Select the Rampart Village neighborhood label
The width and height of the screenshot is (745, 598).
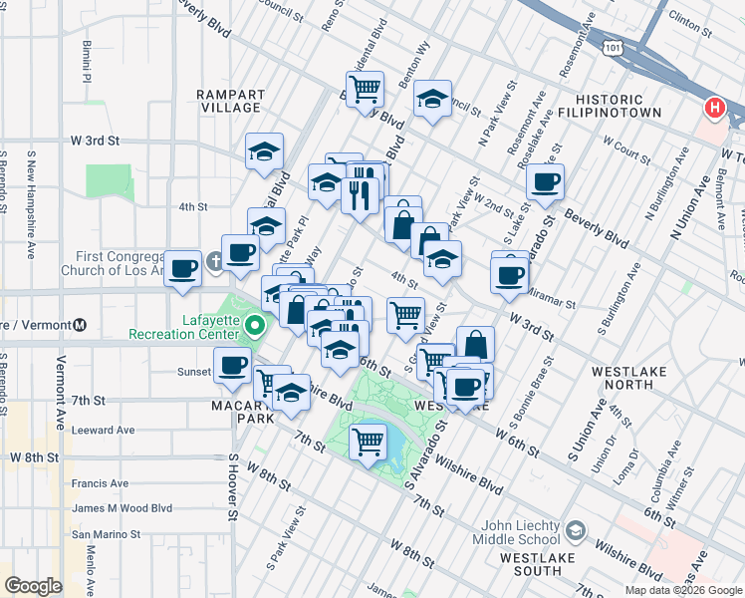(x=230, y=101)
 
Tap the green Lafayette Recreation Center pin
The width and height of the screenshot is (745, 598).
(x=256, y=326)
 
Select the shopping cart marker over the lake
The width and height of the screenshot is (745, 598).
(x=369, y=439)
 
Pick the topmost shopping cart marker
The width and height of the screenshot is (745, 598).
(x=366, y=88)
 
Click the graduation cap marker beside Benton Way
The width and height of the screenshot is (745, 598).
(x=432, y=98)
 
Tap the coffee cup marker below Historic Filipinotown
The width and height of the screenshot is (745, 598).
(x=545, y=182)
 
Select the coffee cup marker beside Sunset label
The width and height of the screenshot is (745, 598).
(x=233, y=366)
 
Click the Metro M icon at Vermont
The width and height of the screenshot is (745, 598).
(x=80, y=325)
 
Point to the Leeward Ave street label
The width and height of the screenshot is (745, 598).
(x=103, y=431)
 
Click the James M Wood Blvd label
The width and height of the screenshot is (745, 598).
(x=122, y=508)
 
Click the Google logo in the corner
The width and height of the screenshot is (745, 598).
(x=33, y=585)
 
